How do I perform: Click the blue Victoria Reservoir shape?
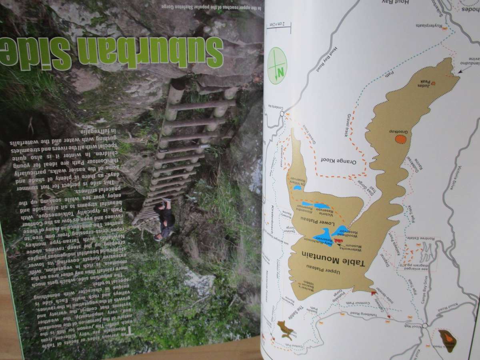tap(322, 206)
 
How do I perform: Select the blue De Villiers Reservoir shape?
tap(297, 187)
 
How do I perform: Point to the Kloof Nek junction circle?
tap(424, 325)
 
